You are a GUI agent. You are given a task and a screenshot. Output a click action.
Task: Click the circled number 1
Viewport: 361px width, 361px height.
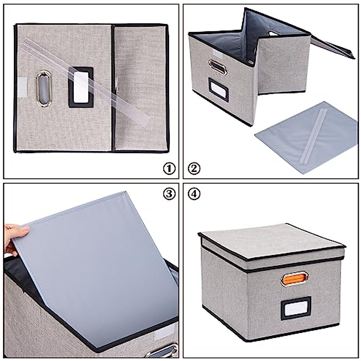169,168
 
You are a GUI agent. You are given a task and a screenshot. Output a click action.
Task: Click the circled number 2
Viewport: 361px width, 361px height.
194,168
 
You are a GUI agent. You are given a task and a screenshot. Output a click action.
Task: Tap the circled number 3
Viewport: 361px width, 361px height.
169,194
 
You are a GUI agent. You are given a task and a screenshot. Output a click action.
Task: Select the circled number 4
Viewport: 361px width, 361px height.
194,194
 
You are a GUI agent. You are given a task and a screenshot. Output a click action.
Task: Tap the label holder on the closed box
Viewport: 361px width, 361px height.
296,308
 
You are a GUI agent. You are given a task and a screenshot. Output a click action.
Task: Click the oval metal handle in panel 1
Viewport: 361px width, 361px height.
43,88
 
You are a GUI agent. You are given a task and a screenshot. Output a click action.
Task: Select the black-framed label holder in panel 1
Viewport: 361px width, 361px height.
81,87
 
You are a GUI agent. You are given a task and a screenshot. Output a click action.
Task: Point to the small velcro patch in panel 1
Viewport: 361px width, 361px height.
22,87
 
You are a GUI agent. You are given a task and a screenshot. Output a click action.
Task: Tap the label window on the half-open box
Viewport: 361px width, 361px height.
219,89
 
